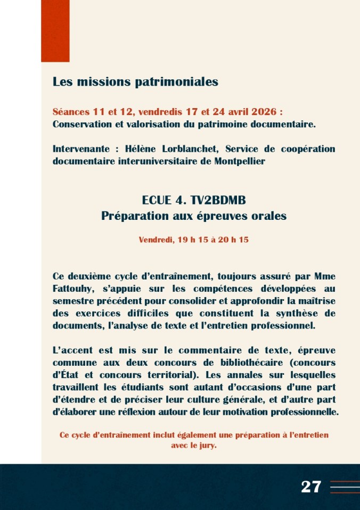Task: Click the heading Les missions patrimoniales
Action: click(x=135, y=82)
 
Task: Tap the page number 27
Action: click(x=311, y=486)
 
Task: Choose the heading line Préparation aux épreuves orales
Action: click(x=194, y=216)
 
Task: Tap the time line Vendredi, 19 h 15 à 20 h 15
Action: click(x=194, y=240)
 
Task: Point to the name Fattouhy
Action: click(x=72, y=289)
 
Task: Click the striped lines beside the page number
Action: click(x=345, y=487)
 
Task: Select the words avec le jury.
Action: click(x=194, y=446)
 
